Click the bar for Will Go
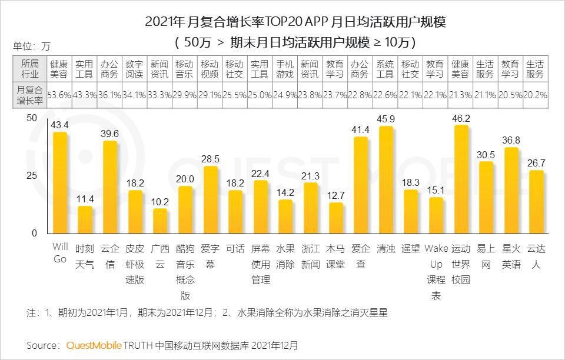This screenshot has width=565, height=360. coord(60,183)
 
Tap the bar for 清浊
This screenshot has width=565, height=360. coord(385,180)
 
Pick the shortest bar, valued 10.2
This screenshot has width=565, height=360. coord(160,221)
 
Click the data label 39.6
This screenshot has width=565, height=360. coord(110,134)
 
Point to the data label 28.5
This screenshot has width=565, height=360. coord(210,159)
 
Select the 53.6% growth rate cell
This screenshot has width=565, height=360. coord(59,94)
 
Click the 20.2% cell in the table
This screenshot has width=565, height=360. coord(536,94)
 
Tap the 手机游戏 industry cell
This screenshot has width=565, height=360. coord(285,69)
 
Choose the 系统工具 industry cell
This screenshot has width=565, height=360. coord(385,69)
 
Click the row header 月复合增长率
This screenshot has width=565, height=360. coord(29,94)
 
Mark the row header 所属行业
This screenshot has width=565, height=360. coord(29,69)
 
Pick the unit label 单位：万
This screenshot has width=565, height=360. coord(32,46)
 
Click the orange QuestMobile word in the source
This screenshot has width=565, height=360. coord(94,345)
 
